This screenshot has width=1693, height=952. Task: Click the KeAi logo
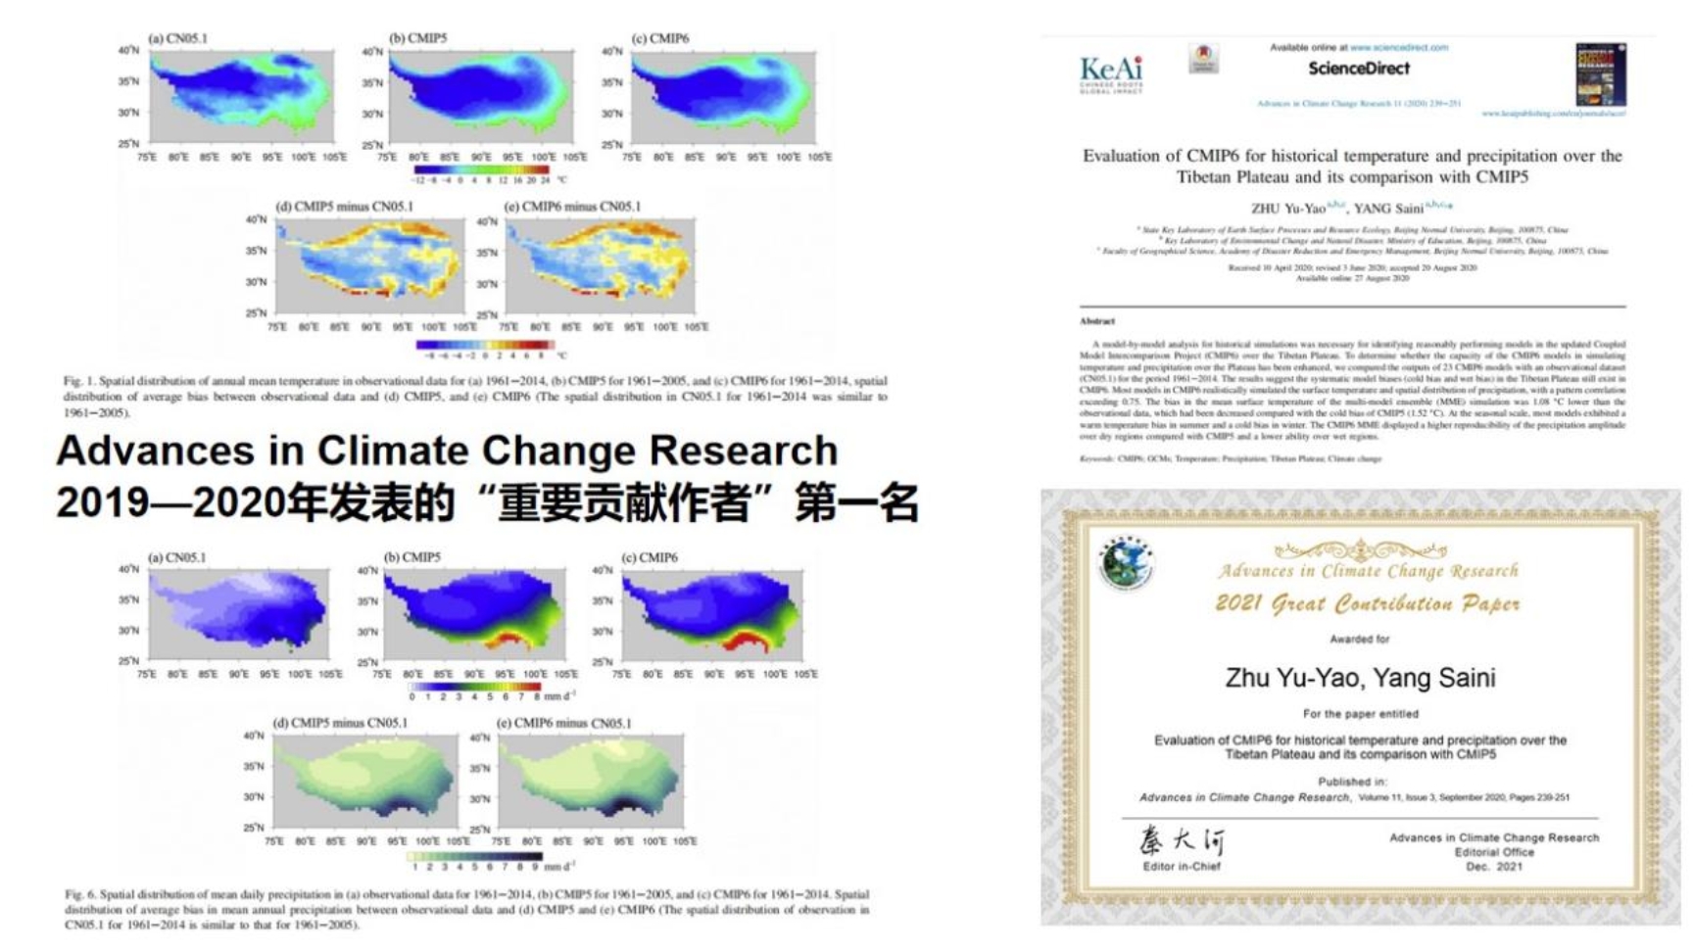1111,72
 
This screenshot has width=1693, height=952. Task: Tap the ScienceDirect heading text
1358,69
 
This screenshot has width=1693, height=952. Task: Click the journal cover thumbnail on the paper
1600,74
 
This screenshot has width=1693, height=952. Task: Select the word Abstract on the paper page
1097,321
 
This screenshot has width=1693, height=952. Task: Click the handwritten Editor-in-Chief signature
1181,841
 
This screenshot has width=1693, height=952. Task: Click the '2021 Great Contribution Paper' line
1367,603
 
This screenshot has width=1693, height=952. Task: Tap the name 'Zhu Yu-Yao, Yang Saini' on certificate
1360,678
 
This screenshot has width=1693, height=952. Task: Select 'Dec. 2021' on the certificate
1493,867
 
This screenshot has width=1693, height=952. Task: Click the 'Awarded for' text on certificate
1359,640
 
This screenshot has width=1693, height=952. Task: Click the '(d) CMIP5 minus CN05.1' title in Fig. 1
344,207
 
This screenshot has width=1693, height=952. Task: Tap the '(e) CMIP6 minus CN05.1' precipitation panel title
563,724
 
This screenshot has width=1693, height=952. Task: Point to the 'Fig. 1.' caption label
78,381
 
